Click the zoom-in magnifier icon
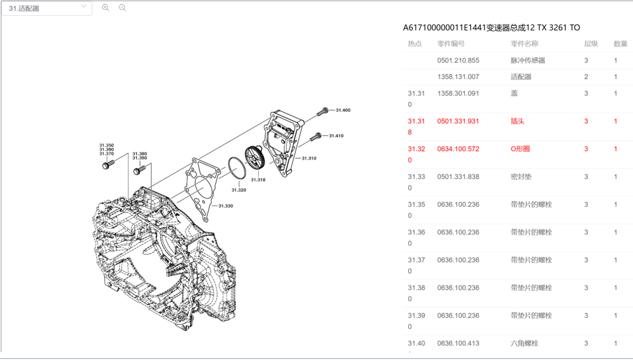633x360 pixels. click(x=106, y=8)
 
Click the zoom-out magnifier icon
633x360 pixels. click(x=122, y=8)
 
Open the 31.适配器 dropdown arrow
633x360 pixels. click(x=84, y=6)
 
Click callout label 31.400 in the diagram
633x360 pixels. click(x=342, y=110)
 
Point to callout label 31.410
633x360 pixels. click(x=335, y=135)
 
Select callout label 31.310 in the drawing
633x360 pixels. click(x=309, y=158)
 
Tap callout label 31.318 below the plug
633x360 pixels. click(x=258, y=180)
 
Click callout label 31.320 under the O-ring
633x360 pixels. click(x=239, y=190)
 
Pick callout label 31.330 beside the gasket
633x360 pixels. click(x=225, y=206)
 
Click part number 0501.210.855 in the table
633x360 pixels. click(x=458, y=61)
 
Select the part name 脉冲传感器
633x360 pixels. click(x=528, y=61)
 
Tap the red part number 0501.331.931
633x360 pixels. click(x=458, y=121)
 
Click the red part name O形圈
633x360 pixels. click(x=520, y=149)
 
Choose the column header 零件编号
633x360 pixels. click(x=451, y=44)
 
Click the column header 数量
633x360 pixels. click(x=620, y=44)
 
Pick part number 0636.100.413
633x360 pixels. click(x=458, y=343)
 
